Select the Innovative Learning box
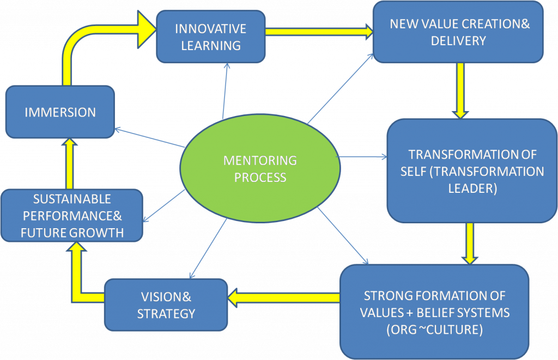pos(210,36)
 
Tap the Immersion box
pos(60,112)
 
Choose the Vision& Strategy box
pos(166,305)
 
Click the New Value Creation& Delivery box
pos(458,32)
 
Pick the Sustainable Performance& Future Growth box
pos(72,216)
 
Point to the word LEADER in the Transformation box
pos(472,188)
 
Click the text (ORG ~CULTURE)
pos(434,330)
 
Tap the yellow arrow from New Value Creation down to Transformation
pos(460,90)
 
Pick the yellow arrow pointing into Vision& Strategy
pos(283,297)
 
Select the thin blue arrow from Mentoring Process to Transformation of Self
pos(362,157)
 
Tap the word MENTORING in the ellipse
pos(260,161)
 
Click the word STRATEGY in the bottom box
pos(166,314)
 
